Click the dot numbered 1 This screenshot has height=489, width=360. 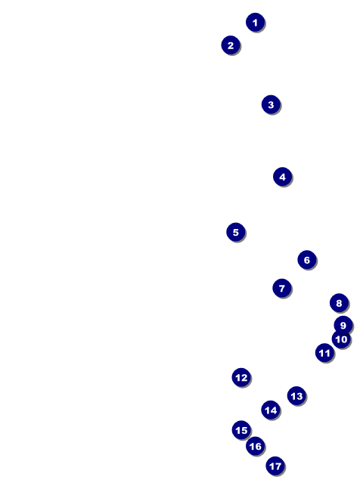255,23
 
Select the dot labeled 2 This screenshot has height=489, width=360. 231,45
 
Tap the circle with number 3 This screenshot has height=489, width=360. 271,104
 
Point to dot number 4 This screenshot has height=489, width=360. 282,177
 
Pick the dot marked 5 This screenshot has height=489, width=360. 236,232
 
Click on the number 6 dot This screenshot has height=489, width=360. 307,260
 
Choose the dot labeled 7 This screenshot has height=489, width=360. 282,288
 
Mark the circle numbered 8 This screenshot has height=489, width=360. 339,303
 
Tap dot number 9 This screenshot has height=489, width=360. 343,325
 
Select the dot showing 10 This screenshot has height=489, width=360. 341,339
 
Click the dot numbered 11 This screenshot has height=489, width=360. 324,353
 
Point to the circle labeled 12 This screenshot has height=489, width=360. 241,377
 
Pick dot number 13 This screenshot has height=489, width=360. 296,396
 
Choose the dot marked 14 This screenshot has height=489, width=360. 271,410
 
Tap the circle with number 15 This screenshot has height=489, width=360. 241,430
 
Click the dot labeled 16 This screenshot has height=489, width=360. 256,446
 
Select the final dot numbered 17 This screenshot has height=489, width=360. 275,466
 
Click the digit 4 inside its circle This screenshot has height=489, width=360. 282,177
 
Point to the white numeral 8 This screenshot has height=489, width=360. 339,303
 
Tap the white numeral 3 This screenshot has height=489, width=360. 271,104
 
